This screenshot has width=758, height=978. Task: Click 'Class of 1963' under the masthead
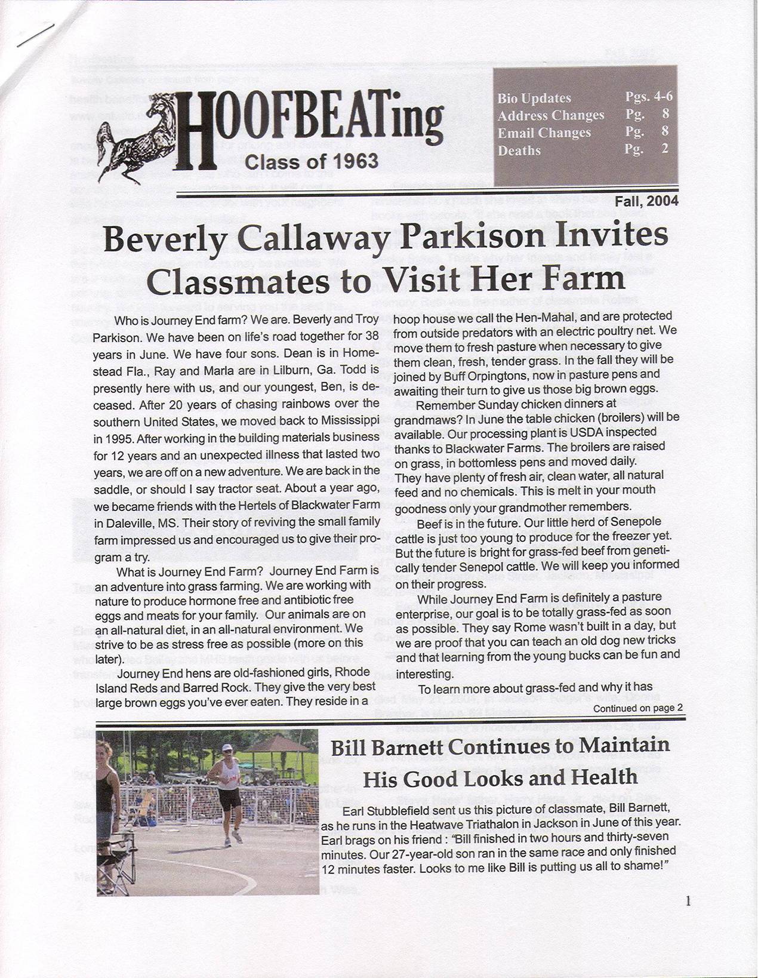click(312, 161)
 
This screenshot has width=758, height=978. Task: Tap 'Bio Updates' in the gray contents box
click(534, 98)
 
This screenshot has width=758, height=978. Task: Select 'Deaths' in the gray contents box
click(519, 150)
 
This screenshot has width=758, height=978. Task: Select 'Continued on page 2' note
click(637, 708)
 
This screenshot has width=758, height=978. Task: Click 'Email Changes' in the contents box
click(544, 133)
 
